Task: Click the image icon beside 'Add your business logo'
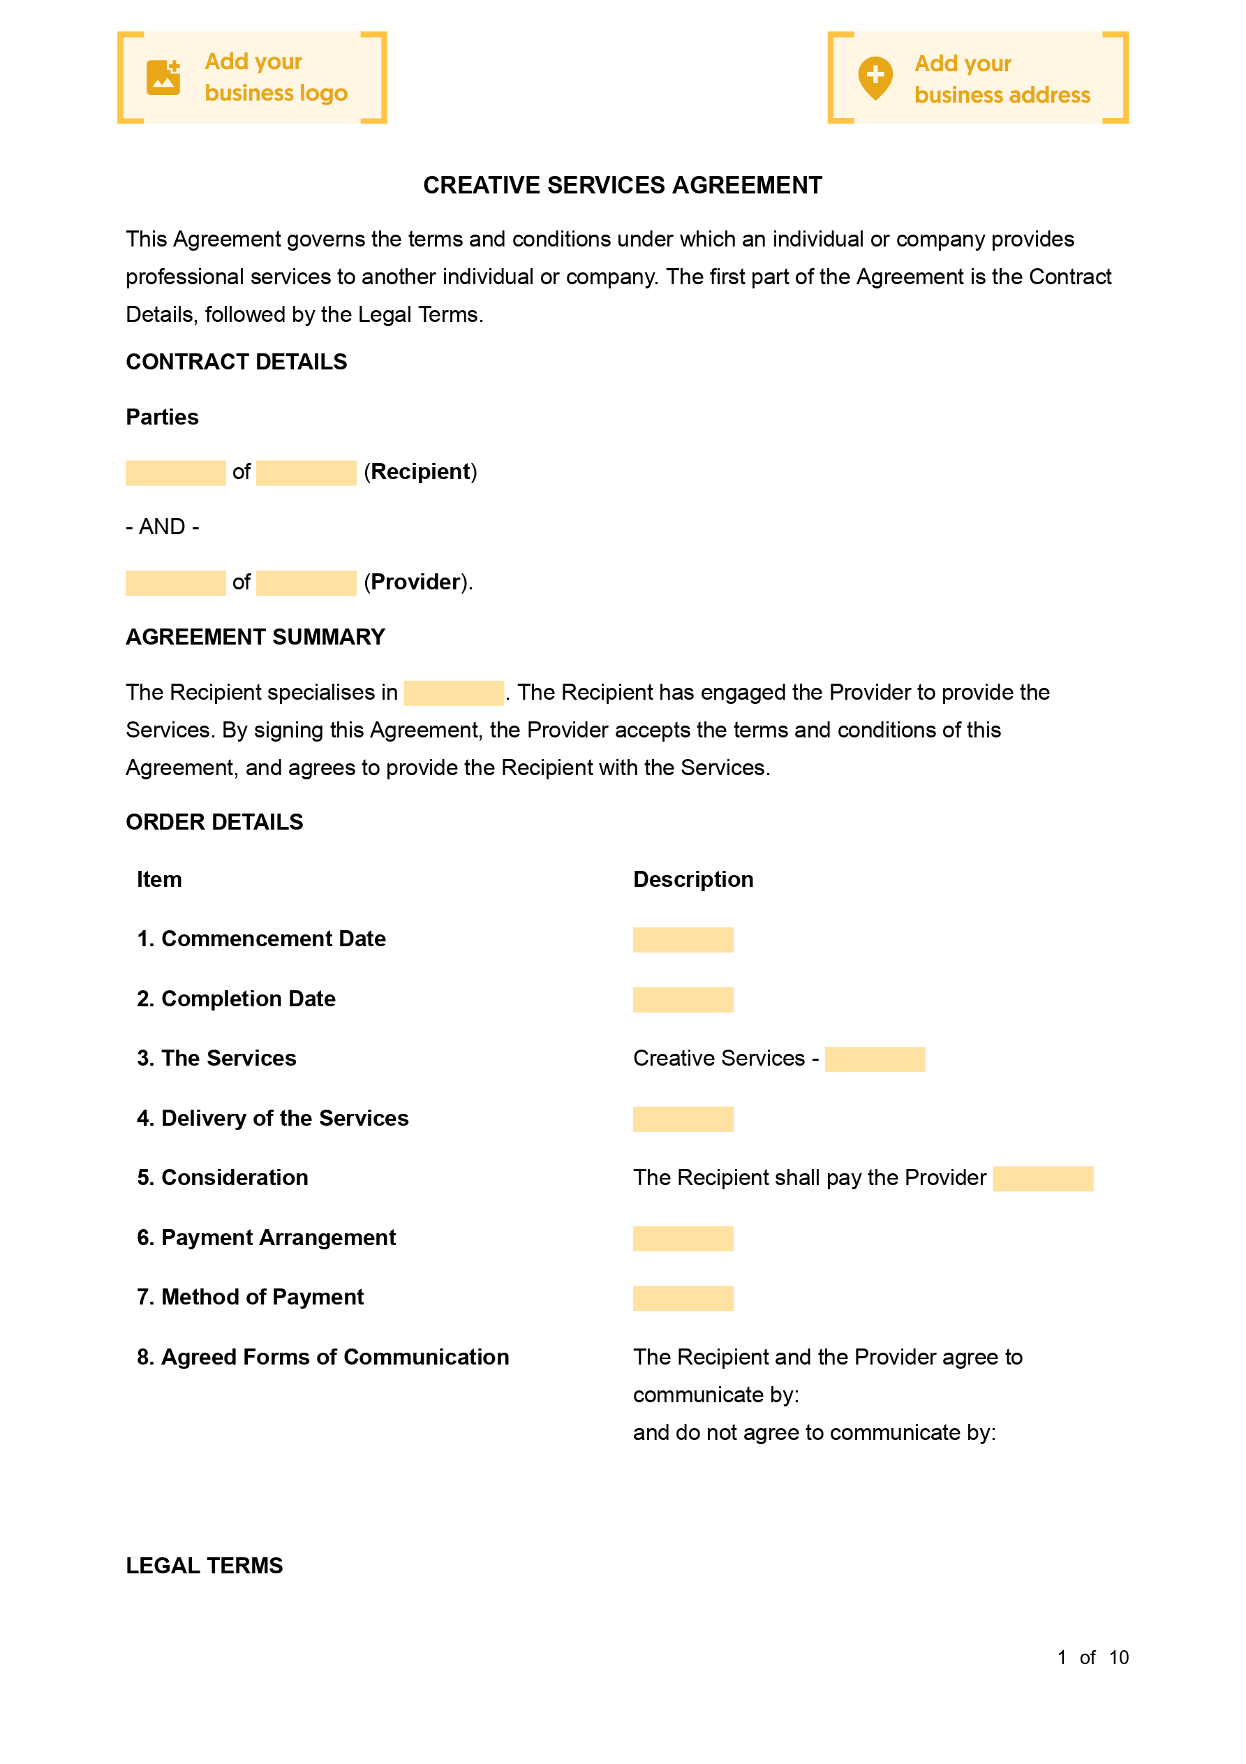(x=163, y=78)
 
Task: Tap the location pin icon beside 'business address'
(x=875, y=78)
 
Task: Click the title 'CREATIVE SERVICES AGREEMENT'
(x=622, y=185)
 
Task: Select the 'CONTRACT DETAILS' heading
(x=236, y=362)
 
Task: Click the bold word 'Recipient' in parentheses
(x=420, y=472)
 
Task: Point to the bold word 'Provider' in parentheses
(x=415, y=582)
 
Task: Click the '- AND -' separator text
(x=162, y=527)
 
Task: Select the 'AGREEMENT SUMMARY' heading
(x=255, y=637)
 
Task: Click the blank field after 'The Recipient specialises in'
(x=453, y=693)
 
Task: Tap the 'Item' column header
(x=159, y=879)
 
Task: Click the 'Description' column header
(x=693, y=879)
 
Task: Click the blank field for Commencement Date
(x=683, y=940)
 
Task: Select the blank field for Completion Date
(x=683, y=999)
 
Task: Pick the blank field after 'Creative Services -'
(x=874, y=1059)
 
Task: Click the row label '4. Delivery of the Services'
(x=273, y=1118)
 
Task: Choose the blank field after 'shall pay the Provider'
(x=1042, y=1179)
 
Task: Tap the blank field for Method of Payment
(x=683, y=1298)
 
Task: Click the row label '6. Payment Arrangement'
(x=266, y=1237)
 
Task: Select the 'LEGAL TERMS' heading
(x=205, y=1565)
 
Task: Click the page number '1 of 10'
(x=1092, y=1657)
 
